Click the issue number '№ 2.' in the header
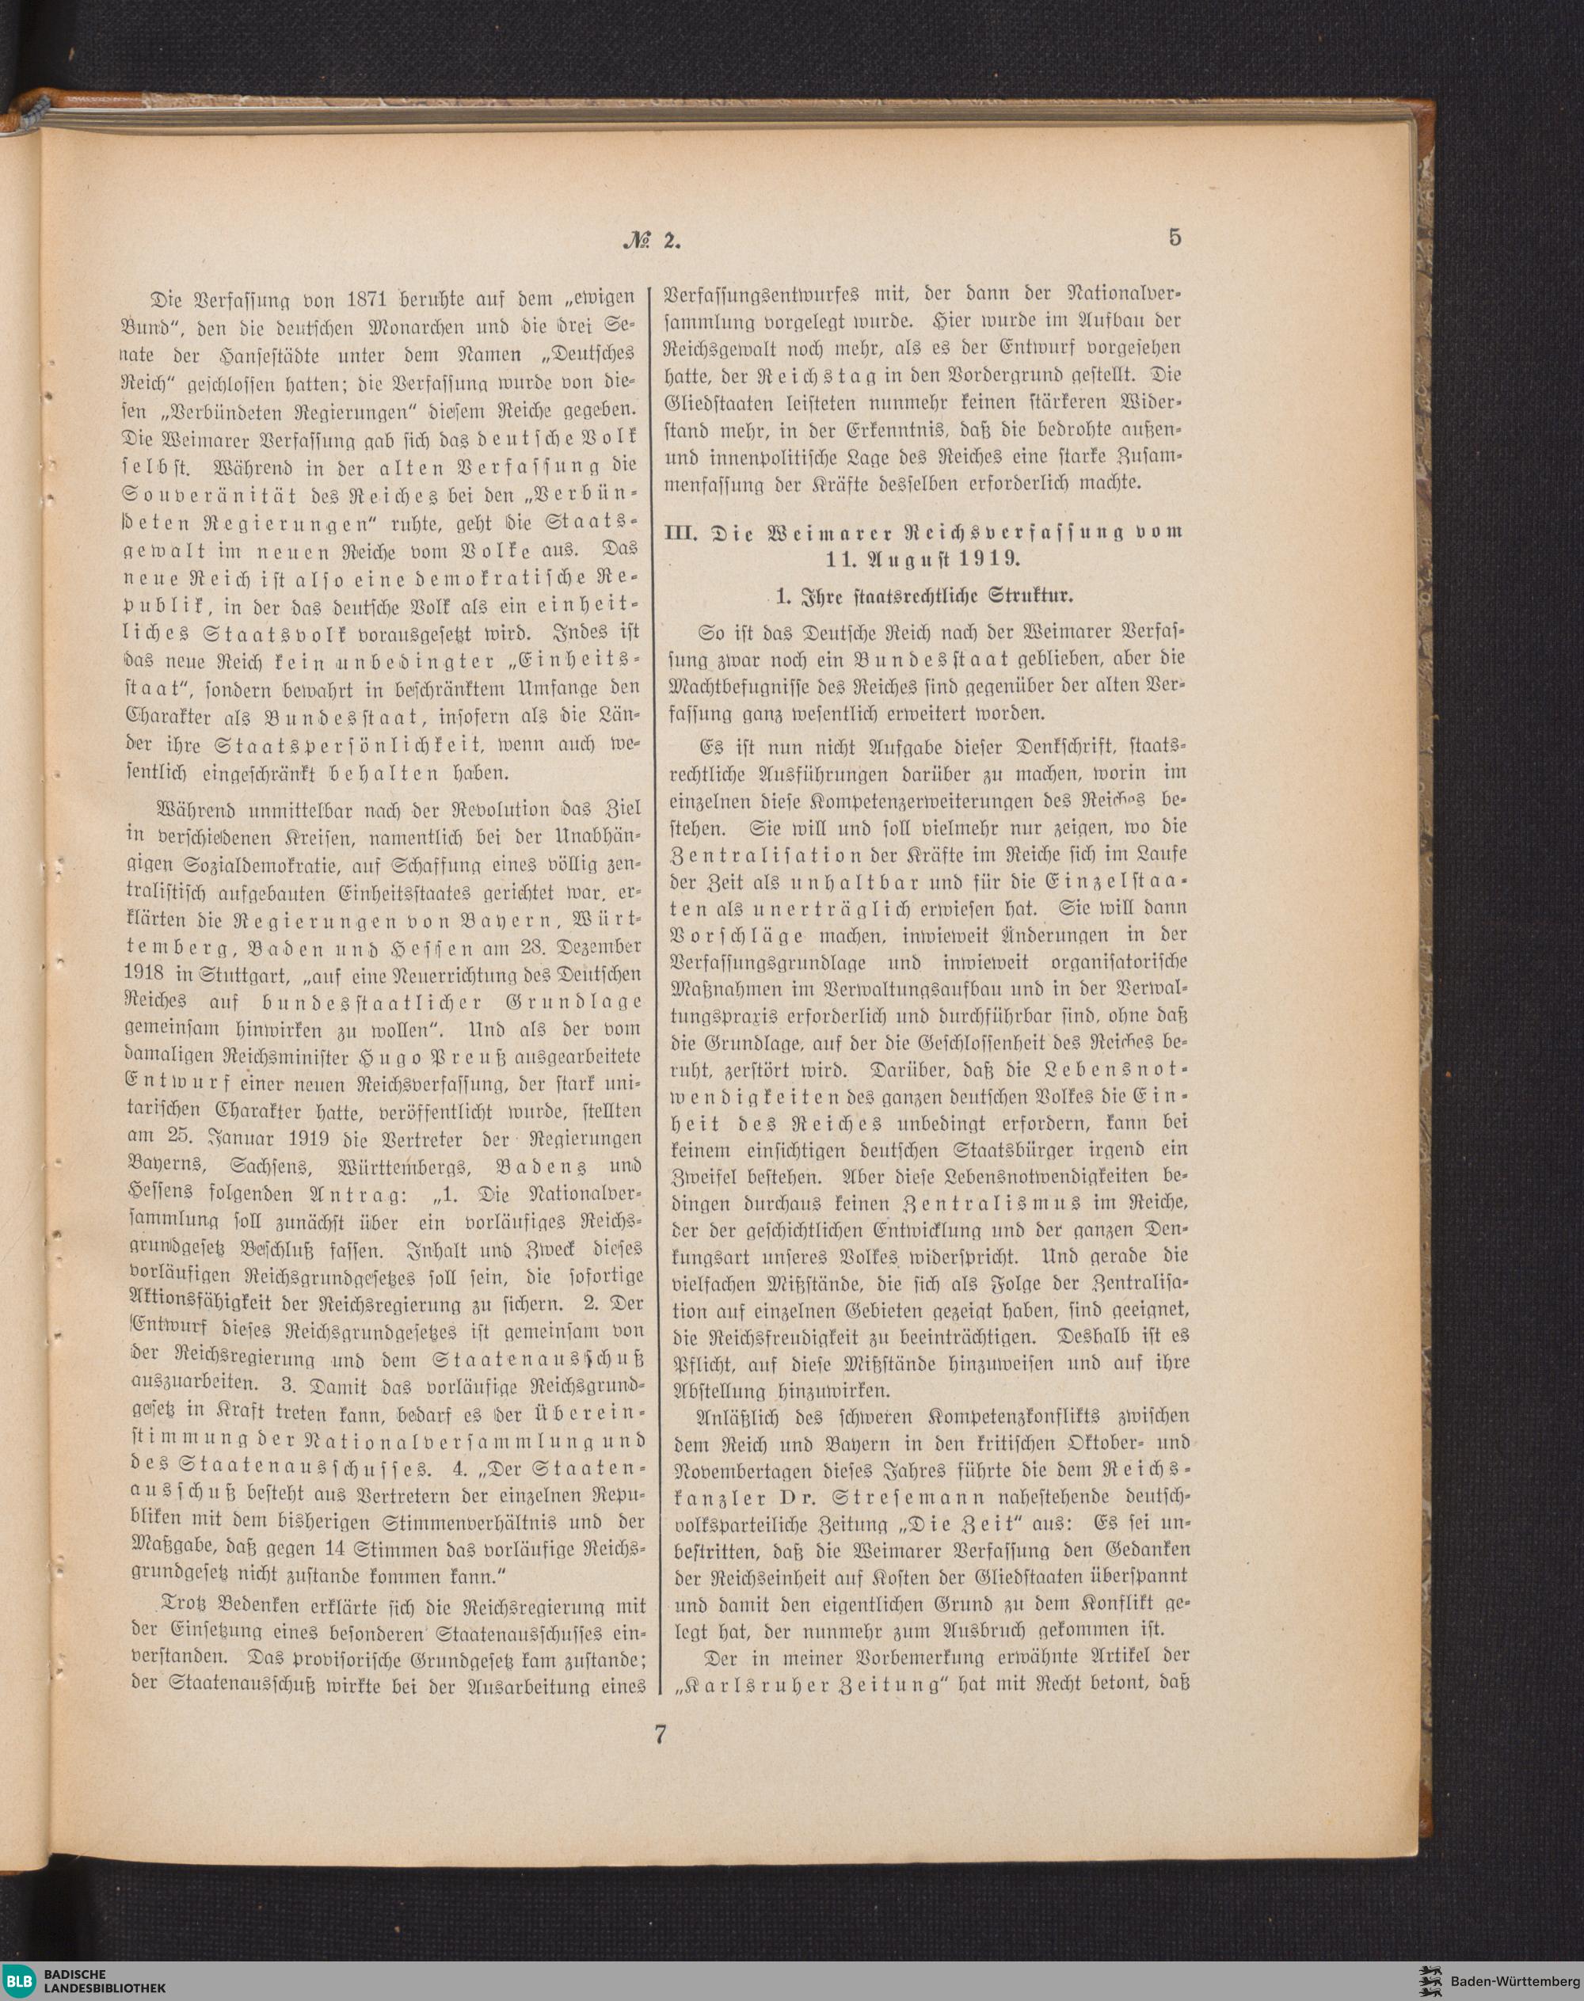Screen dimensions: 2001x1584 click(x=653, y=240)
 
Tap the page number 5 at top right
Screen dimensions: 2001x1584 click(x=1175, y=238)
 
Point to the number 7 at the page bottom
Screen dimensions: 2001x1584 click(x=660, y=1735)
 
